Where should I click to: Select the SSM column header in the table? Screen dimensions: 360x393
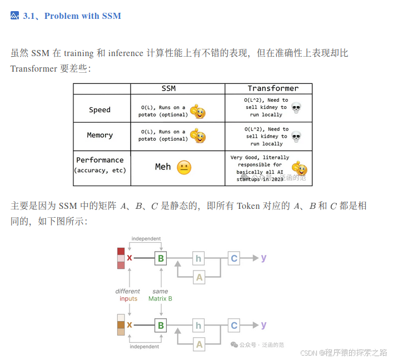click(168, 88)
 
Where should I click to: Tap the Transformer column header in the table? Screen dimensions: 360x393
click(273, 88)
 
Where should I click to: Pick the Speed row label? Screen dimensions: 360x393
click(100, 109)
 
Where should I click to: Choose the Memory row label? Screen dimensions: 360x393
click(100, 135)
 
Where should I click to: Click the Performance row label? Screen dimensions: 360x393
click(100, 160)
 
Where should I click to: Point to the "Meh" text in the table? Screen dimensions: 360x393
click(163, 167)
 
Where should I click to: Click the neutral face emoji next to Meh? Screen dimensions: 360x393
click(184, 167)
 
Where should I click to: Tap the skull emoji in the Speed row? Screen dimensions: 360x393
click(296, 108)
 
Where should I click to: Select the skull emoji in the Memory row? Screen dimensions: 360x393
click(296, 136)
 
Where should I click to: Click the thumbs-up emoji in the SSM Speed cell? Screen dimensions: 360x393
click(197, 111)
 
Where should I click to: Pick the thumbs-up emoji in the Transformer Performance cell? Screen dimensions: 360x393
click(300, 168)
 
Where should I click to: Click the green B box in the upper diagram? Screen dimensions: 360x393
click(161, 258)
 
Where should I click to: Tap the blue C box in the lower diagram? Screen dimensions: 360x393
click(234, 326)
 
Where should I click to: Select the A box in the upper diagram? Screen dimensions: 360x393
click(199, 277)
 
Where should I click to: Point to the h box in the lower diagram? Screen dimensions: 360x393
click(199, 326)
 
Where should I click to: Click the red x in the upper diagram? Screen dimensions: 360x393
click(130, 258)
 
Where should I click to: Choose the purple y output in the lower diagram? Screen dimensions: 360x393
click(263, 325)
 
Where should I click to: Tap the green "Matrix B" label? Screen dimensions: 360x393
click(160, 298)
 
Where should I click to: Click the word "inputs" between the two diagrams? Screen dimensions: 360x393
click(128, 298)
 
